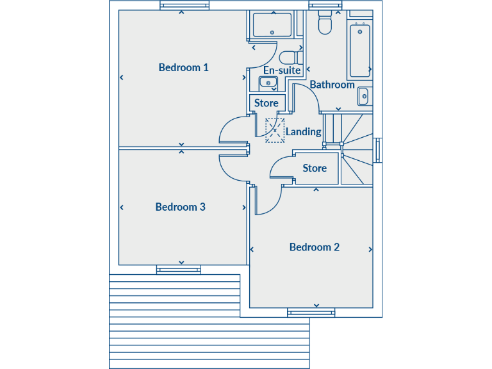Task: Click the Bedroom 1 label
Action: [x=184, y=67]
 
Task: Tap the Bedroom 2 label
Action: [x=314, y=247]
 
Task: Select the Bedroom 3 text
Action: [x=180, y=207]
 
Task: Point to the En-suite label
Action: [x=282, y=70]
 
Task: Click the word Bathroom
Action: [x=332, y=85]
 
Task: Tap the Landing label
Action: [x=303, y=131]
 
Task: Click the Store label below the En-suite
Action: [x=266, y=103]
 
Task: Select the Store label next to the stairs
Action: [x=315, y=168]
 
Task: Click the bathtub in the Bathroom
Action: [x=360, y=50]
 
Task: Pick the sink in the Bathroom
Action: [x=363, y=95]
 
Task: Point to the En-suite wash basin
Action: [x=267, y=82]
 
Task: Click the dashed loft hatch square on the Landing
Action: [x=275, y=130]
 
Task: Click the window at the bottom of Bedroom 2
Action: [x=311, y=313]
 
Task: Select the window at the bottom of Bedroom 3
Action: [x=179, y=270]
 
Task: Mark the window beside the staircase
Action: [x=378, y=150]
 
